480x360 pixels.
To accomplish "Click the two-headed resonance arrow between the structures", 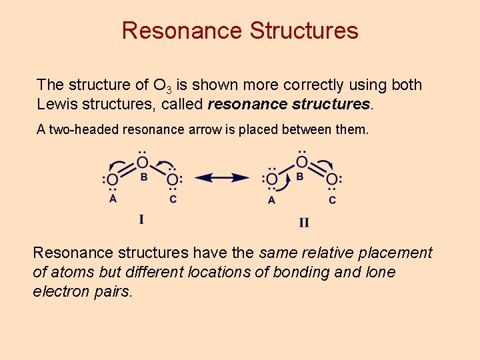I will (222, 178).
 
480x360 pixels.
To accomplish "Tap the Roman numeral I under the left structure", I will (141, 218).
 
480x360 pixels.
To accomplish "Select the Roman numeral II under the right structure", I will (303, 222).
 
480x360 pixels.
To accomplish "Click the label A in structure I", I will (113, 198).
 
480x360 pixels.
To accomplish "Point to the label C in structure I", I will (173, 199).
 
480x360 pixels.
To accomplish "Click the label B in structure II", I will (300, 177).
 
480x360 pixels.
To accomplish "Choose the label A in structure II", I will (271, 199).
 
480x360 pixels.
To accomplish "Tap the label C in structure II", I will (332, 199).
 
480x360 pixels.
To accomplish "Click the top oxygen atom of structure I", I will (143, 162).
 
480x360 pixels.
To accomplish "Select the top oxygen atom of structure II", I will (302, 162).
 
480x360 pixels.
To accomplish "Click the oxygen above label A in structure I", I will (113, 179).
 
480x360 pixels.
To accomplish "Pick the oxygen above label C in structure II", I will (332, 179).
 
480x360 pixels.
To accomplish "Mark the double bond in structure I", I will (127, 171).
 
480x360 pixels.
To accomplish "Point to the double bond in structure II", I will (317, 171).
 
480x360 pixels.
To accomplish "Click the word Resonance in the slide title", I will (182, 31).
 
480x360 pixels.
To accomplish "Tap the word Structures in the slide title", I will (304, 31).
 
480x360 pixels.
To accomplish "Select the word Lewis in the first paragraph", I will (57, 104).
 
